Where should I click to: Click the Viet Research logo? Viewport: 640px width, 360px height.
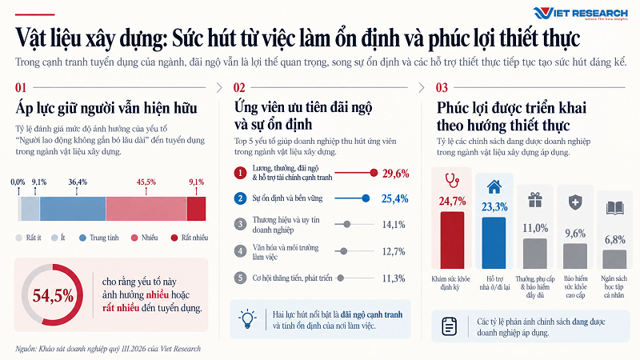[580, 13]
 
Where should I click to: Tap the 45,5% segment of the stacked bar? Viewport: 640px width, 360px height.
[146, 209]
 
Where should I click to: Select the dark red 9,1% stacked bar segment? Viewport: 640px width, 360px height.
[196, 209]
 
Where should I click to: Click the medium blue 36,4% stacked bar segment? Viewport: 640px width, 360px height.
[73, 209]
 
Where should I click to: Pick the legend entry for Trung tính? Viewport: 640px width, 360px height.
[98, 238]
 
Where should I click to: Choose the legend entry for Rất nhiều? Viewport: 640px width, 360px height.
[190, 238]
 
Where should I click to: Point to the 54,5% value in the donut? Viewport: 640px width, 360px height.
[53, 295]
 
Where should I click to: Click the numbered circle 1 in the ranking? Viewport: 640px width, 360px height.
[240, 173]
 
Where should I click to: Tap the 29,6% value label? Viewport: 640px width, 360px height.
[395, 174]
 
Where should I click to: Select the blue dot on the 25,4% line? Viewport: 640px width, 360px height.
[366, 198]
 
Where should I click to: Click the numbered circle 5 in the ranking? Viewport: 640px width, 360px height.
[240, 278]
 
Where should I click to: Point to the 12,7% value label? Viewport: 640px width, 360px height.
[394, 251]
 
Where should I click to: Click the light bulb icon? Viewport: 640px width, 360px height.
[247, 318]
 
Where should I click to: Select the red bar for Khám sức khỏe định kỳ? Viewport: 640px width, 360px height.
[452, 240]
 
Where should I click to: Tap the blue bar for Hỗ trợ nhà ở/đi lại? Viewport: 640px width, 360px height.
[494, 243]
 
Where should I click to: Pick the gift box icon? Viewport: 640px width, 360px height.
[535, 199]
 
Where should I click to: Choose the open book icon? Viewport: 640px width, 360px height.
[614, 208]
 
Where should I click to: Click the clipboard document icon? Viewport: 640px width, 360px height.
[449, 326]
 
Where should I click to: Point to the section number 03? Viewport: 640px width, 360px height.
[442, 87]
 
